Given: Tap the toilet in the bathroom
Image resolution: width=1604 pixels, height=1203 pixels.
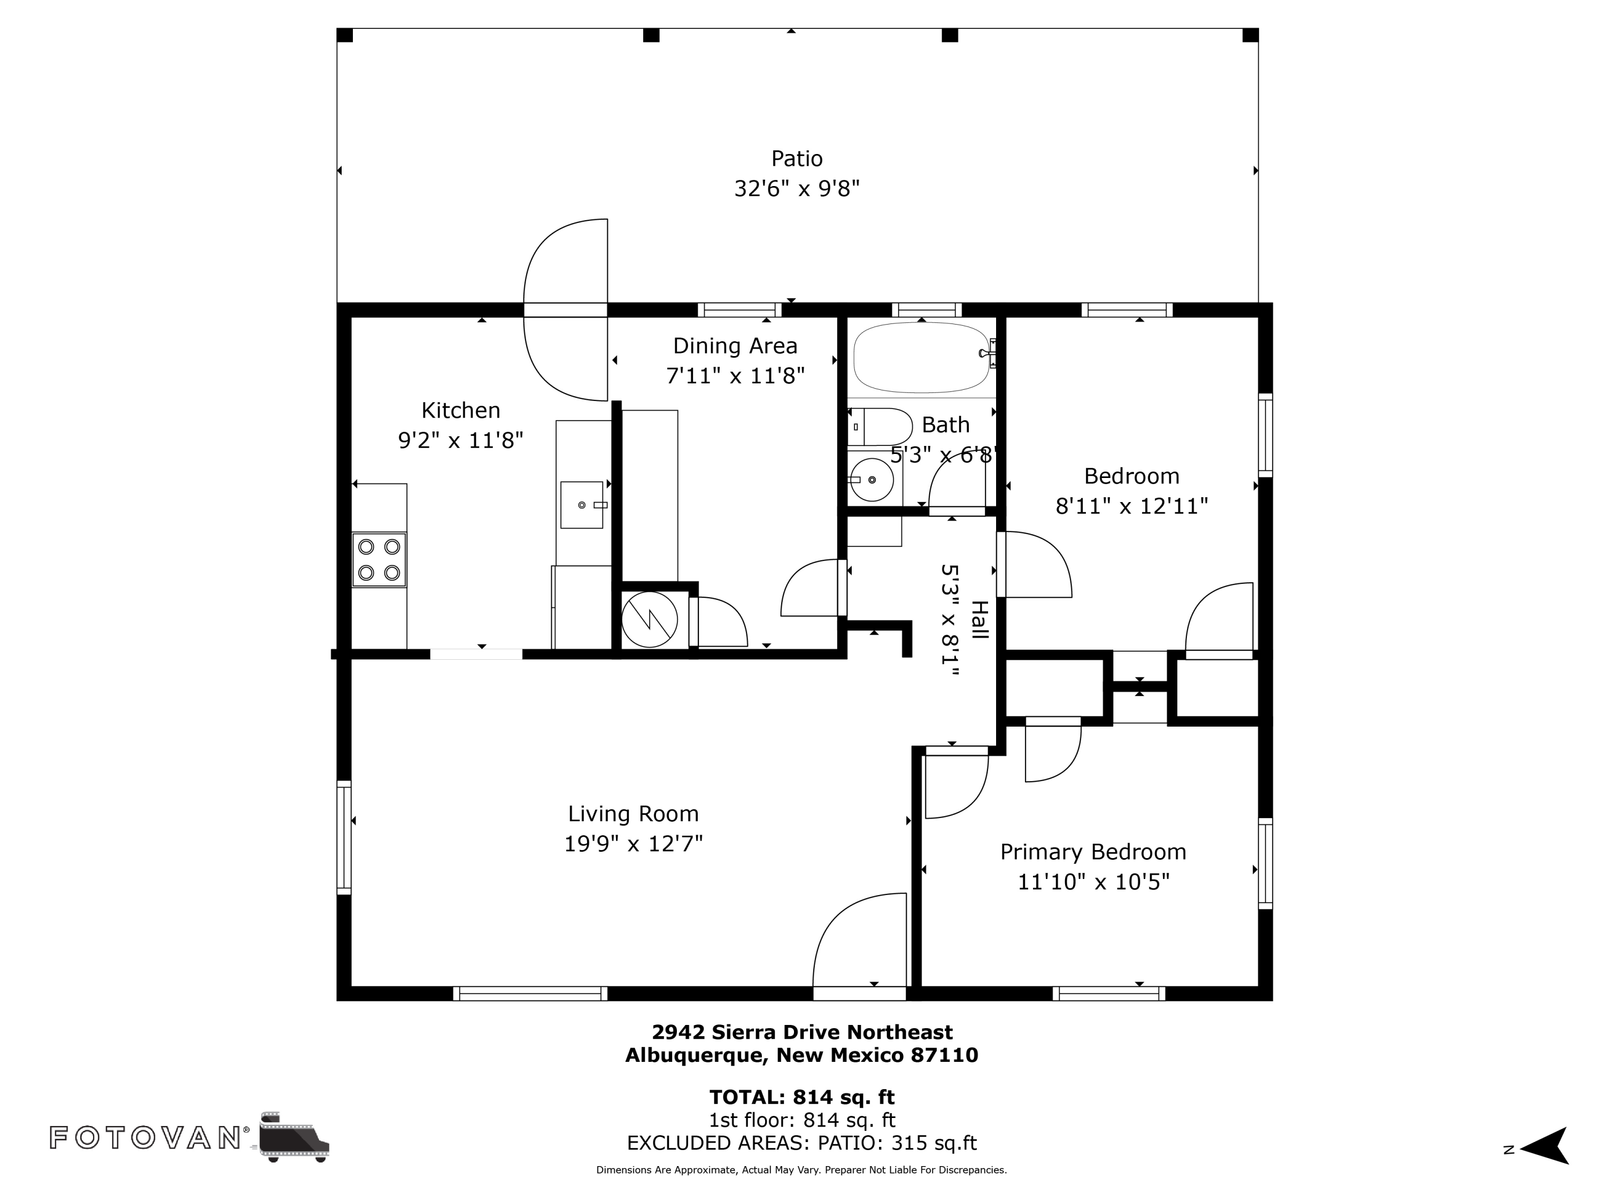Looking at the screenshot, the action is pos(880,426).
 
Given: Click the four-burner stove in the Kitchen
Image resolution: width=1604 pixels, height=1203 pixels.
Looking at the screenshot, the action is pos(379,560).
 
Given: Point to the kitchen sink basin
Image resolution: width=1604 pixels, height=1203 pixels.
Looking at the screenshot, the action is pos(582,505).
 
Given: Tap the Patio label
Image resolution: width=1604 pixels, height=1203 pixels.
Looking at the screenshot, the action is pos(797,159).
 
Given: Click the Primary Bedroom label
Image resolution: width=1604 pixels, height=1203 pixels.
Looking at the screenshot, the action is pos(1093,852).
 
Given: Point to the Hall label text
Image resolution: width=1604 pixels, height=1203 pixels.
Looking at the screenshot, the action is pos(979,620).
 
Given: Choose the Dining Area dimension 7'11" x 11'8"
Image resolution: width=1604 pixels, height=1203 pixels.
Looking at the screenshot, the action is pos(735,376).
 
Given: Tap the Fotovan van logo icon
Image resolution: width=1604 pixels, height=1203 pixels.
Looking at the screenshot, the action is pos(294,1136).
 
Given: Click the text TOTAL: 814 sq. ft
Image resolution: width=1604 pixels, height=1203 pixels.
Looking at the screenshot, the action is pos(802,1097).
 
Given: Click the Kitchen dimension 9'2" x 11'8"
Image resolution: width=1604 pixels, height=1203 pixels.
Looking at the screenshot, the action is pos(460,440).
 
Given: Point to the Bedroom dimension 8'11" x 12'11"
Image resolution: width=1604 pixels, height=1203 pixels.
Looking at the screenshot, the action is pos(1132,506).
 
